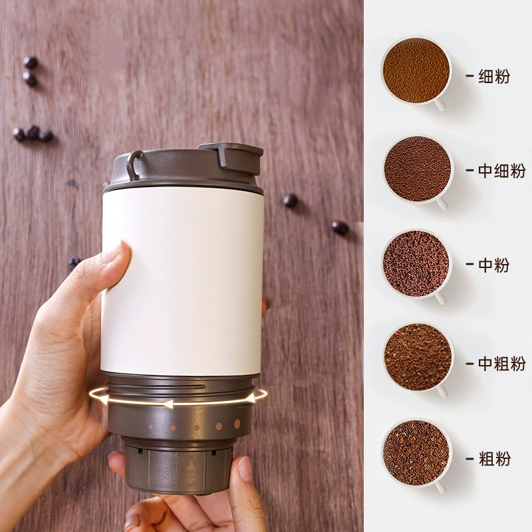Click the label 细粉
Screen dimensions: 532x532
[x=494, y=76]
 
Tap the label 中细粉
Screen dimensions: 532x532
[x=502, y=171]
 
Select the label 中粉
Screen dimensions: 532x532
[x=494, y=265]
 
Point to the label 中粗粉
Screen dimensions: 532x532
[x=502, y=363]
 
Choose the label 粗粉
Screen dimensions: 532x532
[x=494, y=459]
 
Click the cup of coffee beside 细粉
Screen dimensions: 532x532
[x=416, y=71]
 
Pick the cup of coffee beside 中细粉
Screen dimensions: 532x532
[x=418, y=169]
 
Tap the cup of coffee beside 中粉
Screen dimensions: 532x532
[x=416, y=264]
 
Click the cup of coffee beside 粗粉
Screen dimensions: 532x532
[x=416, y=454]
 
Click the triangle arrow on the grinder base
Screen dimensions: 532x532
[x=192, y=466]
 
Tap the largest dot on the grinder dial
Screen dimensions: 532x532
[x=237, y=424]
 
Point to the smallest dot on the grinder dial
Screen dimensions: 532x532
[x=151, y=427]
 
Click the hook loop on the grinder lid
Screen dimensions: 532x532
[x=134, y=165]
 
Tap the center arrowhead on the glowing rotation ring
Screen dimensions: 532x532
[x=168, y=404]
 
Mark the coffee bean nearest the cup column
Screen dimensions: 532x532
[x=340, y=227]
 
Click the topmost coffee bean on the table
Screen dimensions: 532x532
[x=30, y=62]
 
